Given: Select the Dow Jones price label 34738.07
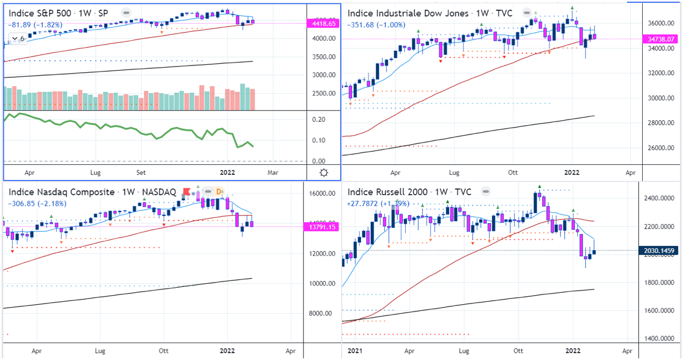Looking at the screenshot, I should point(658,39).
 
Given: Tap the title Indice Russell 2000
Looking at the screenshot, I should point(385,192).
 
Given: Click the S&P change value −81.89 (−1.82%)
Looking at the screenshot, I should point(34,25).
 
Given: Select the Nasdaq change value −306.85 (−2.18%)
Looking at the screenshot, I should point(37,204).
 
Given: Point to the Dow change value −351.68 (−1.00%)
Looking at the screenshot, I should point(378,24).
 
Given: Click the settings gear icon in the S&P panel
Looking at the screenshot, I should point(323,173).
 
